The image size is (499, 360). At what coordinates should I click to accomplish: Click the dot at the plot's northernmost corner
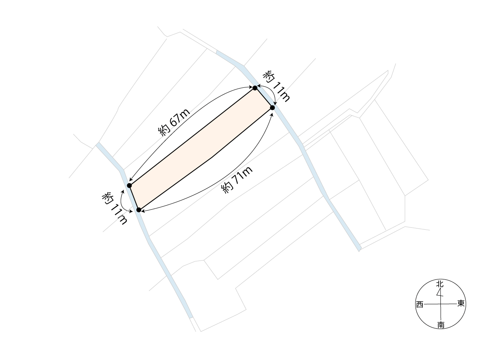tap(255, 88)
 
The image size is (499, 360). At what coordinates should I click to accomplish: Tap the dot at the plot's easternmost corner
tap(272, 108)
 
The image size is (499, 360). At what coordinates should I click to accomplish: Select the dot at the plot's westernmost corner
tap(129, 186)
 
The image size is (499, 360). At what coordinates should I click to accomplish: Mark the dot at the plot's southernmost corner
tap(138, 210)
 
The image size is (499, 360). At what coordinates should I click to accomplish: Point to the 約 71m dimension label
tap(237, 180)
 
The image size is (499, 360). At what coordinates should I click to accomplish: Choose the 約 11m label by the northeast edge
tap(276, 86)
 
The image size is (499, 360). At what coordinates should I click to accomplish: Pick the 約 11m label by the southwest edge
tap(114, 208)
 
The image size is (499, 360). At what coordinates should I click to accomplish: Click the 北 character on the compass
tap(440, 284)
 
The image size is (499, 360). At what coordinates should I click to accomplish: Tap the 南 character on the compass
tap(440, 325)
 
